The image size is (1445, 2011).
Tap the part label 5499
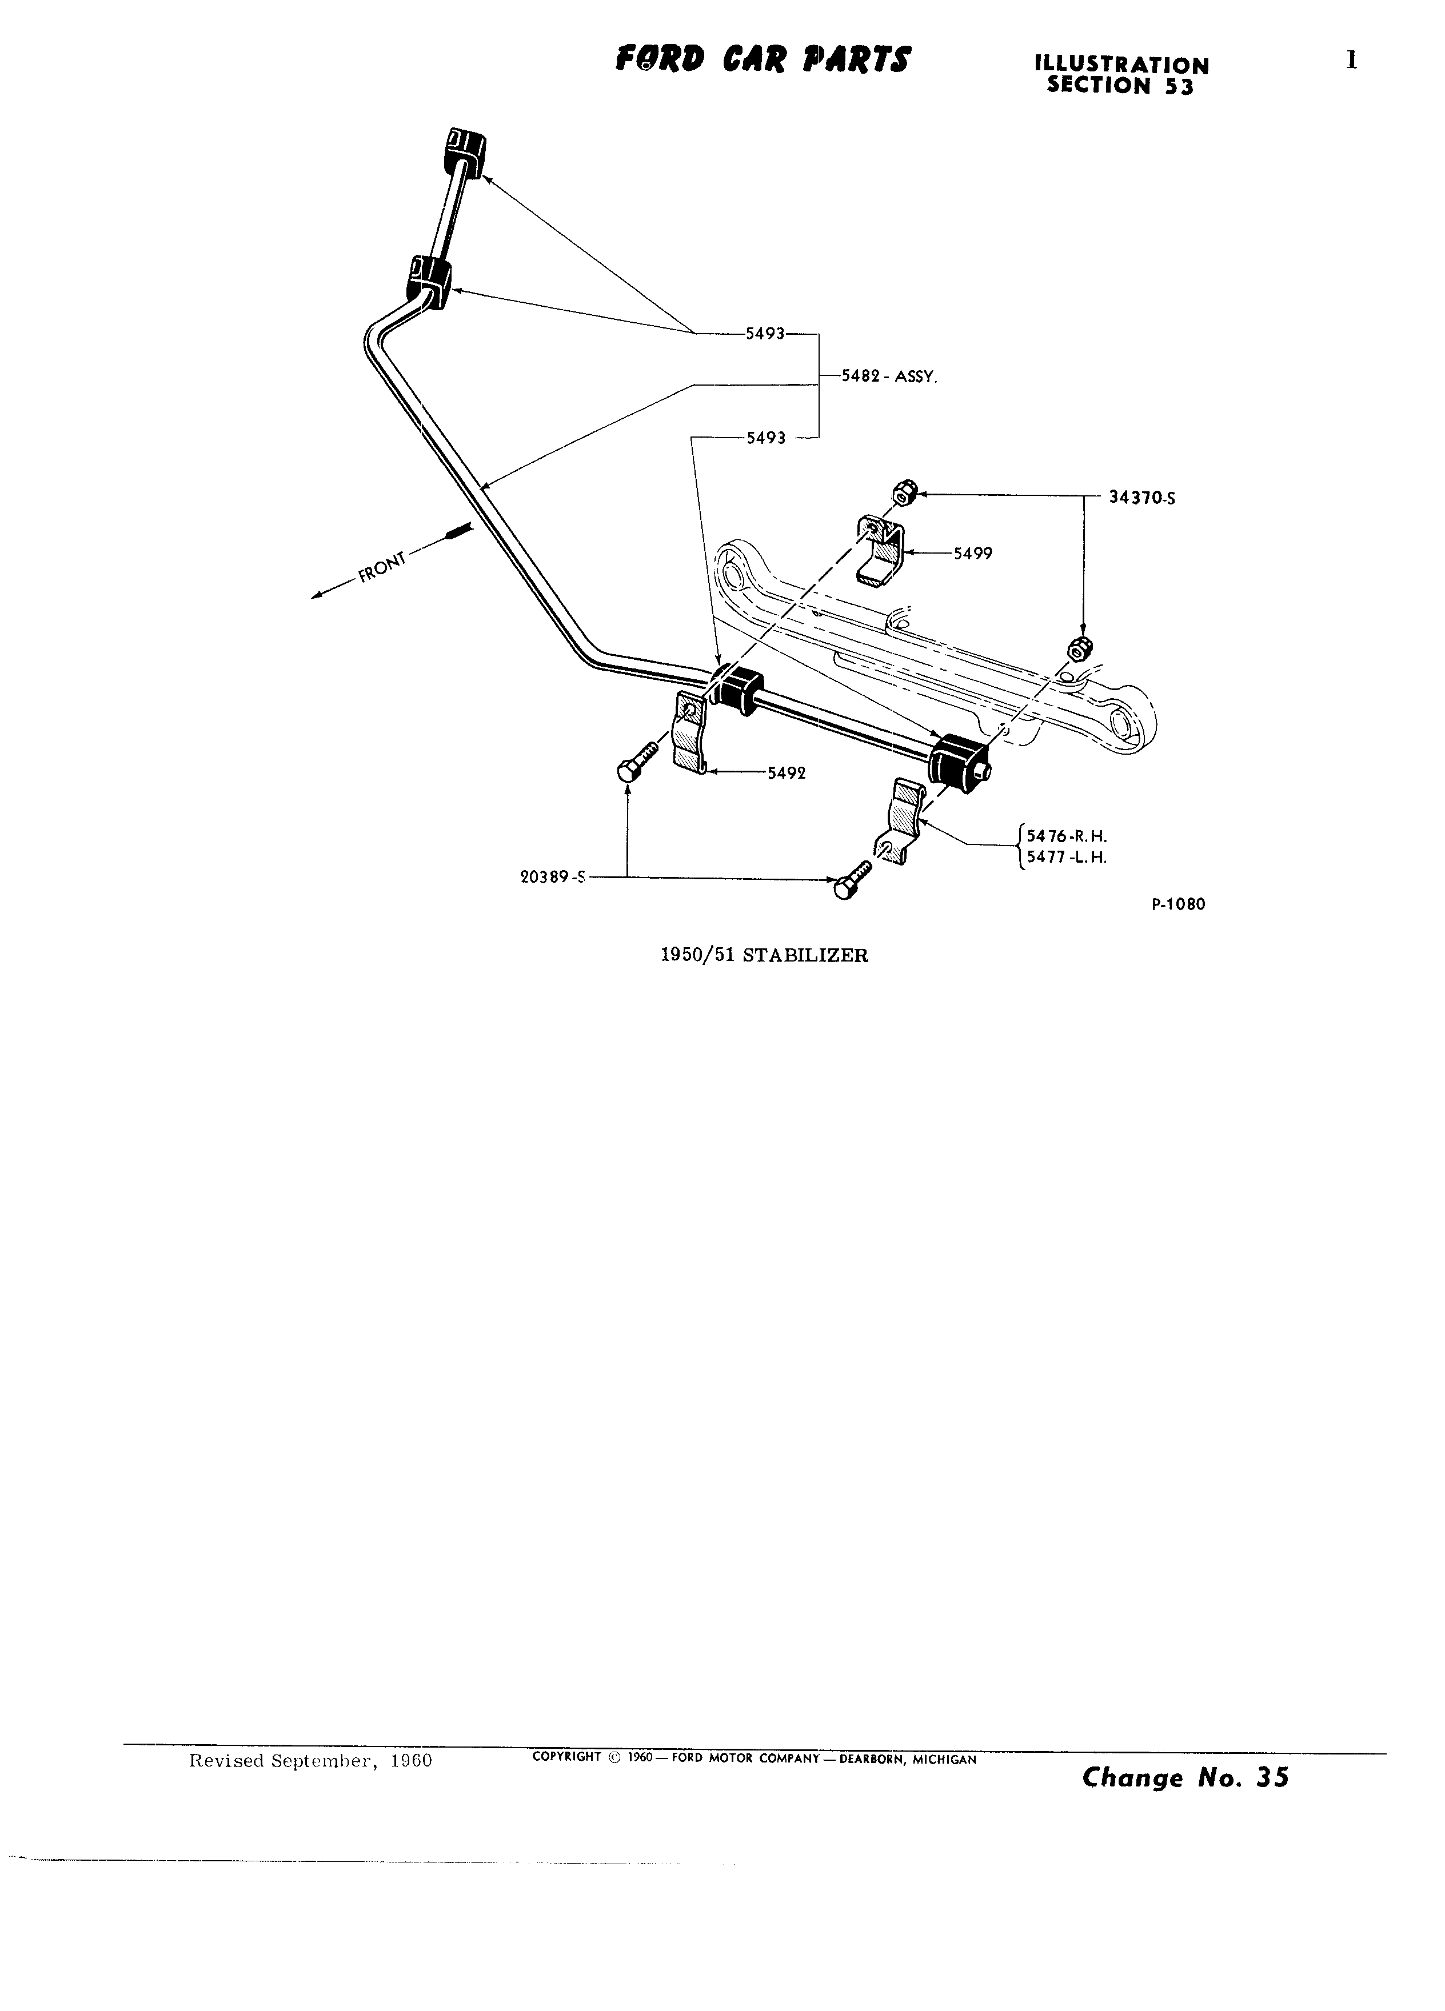(973, 553)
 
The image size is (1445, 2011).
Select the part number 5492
(787, 772)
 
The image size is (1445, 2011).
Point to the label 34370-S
(1143, 498)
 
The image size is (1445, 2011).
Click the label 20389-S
(553, 877)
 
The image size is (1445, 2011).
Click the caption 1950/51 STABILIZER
(765, 955)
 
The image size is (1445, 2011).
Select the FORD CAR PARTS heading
(763, 59)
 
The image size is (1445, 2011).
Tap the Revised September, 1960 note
(310, 1760)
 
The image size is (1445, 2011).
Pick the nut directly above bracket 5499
(902, 491)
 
